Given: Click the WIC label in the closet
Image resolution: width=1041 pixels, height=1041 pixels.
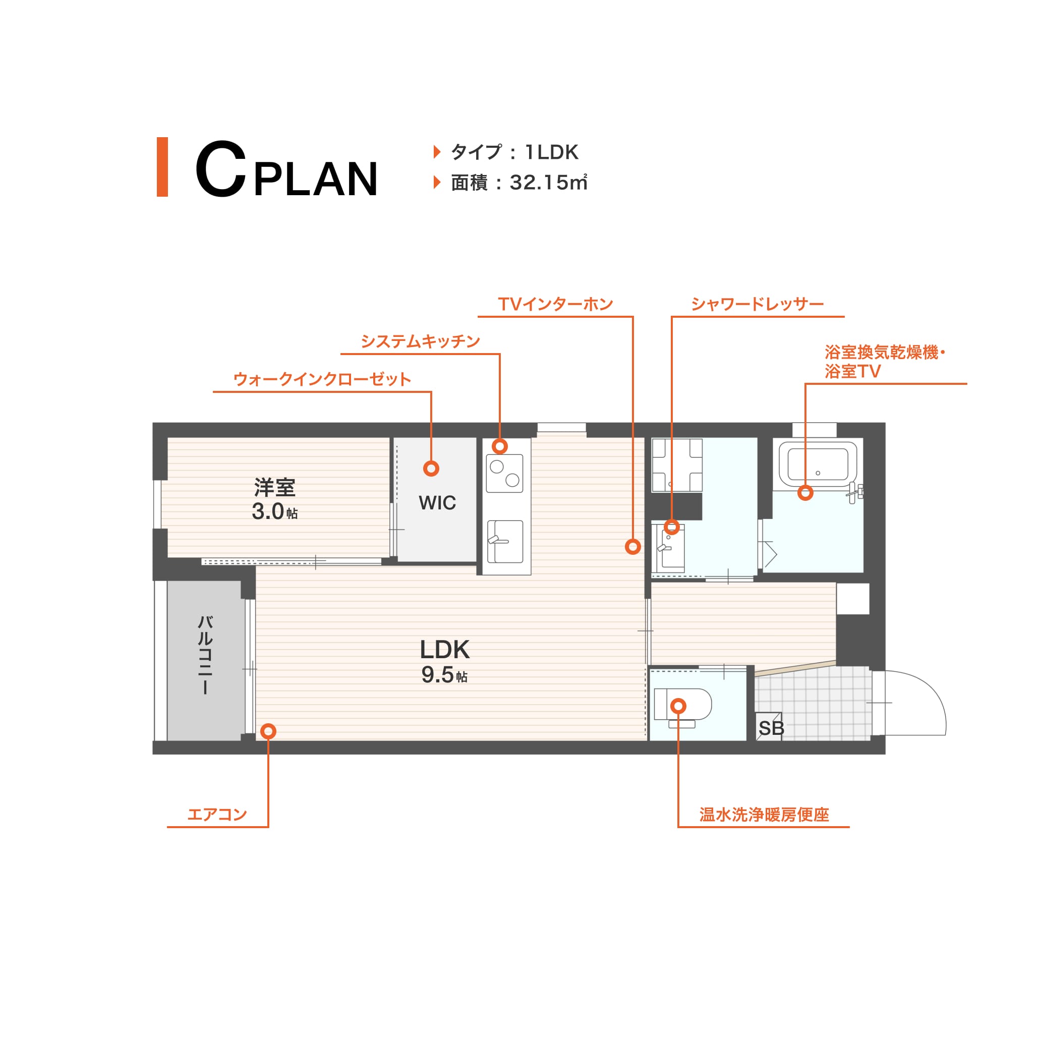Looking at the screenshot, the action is (437, 503).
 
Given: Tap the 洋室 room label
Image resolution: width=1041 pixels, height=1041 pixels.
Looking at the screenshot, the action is (275, 487).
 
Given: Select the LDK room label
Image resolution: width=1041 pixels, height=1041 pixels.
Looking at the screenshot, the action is (444, 650).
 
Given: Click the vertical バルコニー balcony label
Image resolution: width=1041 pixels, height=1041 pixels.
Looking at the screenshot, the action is (205, 655).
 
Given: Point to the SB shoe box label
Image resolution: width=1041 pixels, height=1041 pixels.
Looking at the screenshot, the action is (771, 728).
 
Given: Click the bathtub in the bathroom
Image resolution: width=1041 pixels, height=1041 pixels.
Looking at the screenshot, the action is (818, 463).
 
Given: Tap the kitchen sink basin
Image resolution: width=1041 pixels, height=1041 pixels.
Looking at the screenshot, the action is (505, 542).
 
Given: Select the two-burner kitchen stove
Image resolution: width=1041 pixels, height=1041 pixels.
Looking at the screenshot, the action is (504, 474).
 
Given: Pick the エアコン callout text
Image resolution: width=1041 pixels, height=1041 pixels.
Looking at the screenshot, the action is (217, 814).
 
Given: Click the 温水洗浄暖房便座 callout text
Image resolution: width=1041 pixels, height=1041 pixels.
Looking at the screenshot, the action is (764, 814).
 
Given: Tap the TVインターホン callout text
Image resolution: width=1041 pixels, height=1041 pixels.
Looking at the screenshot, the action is (555, 304).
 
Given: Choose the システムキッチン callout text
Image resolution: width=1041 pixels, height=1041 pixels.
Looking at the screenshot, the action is (420, 341).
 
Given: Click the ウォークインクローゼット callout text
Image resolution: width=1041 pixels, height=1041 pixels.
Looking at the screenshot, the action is (322, 379).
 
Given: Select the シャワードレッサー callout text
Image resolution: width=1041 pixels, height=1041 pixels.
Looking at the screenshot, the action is (757, 304).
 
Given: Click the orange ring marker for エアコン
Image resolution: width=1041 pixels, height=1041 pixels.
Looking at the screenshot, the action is (268, 731).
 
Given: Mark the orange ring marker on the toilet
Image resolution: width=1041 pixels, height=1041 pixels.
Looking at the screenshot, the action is (678, 706).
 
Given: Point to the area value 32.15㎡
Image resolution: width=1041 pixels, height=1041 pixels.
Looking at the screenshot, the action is (549, 183).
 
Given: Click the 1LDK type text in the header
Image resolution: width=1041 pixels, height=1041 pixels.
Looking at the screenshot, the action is (552, 152).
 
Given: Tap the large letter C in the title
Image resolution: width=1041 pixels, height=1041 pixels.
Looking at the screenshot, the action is (220, 168).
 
